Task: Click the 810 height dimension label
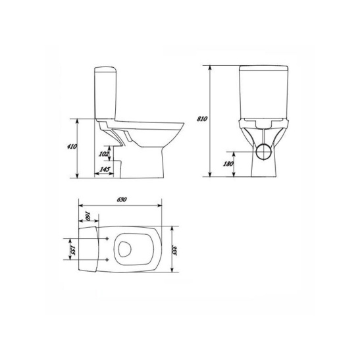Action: tap(202, 118)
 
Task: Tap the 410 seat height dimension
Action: tap(72, 146)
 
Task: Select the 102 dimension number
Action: tap(103, 154)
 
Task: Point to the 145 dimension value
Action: tap(105, 169)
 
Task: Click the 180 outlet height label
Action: tap(228, 164)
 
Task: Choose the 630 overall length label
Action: tap(122, 199)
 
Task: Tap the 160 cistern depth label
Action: tap(88, 216)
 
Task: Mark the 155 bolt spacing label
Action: tap(73, 250)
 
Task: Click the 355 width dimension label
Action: tap(176, 251)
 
